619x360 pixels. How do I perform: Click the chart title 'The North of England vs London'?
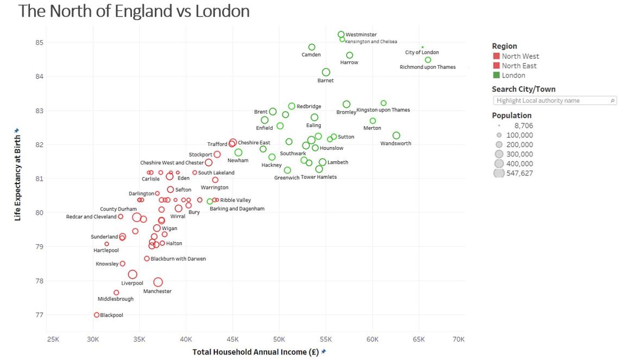tap(134, 11)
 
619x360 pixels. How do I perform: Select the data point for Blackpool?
tap(97, 315)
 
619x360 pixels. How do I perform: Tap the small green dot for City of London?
tap(422, 47)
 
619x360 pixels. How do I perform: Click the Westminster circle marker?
tap(341, 34)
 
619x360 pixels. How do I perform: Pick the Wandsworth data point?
tap(396, 135)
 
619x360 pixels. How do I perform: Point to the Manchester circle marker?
tap(158, 282)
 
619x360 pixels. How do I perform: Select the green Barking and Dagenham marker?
tap(210, 201)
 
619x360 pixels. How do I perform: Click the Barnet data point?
tap(326, 72)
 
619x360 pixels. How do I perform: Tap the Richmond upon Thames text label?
tap(435, 67)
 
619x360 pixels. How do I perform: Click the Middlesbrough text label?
tap(115, 299)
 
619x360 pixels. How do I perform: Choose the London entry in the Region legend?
tap(513, 75)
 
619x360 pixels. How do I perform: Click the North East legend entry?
tap(519, 66)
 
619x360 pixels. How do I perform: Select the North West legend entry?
tap(520, 56)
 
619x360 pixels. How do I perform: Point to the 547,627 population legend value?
tap(520, 173)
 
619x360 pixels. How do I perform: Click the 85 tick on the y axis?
tap(40, 42)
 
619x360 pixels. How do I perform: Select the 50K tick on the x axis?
tap(279, 339)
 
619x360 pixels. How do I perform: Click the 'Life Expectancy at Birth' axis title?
tap(17, 174)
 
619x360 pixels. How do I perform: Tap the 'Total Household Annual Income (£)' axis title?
tap(255, 352)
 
